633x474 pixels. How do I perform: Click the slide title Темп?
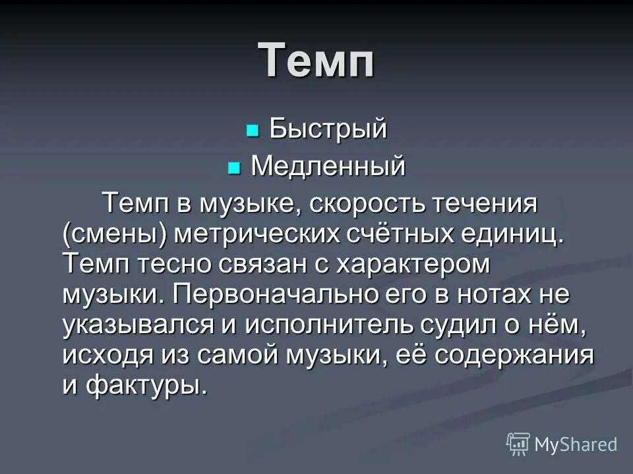click(316, 61)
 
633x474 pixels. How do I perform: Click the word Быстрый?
click(328, 130)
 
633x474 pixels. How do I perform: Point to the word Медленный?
click(328, 167)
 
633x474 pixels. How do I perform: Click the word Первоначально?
click(276, 296)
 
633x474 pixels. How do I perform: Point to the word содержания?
click(521, 356)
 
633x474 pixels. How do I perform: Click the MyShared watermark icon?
click(518, 443)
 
